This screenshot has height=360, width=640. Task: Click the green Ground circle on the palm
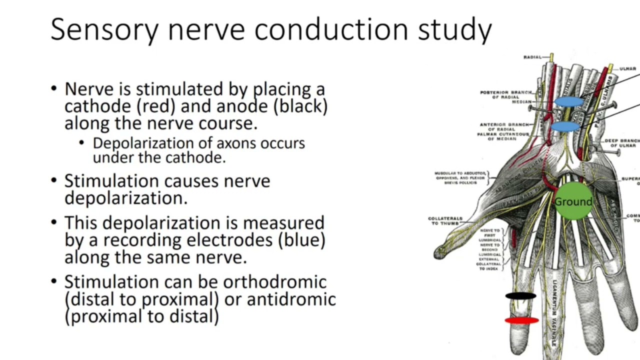[x=573, y=201]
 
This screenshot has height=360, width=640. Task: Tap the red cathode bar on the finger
[x=521, y=320]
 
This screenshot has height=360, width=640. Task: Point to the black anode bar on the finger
[x=520, y=296]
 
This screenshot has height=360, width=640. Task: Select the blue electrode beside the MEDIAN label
[x=569, y=102]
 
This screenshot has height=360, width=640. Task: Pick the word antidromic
[x=291, y=299]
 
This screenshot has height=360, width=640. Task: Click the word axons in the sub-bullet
[x=230, y=143]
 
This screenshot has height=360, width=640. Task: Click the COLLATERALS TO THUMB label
[x=445, y=221]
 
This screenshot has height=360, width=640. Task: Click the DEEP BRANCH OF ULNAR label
[x=621, y=143]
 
